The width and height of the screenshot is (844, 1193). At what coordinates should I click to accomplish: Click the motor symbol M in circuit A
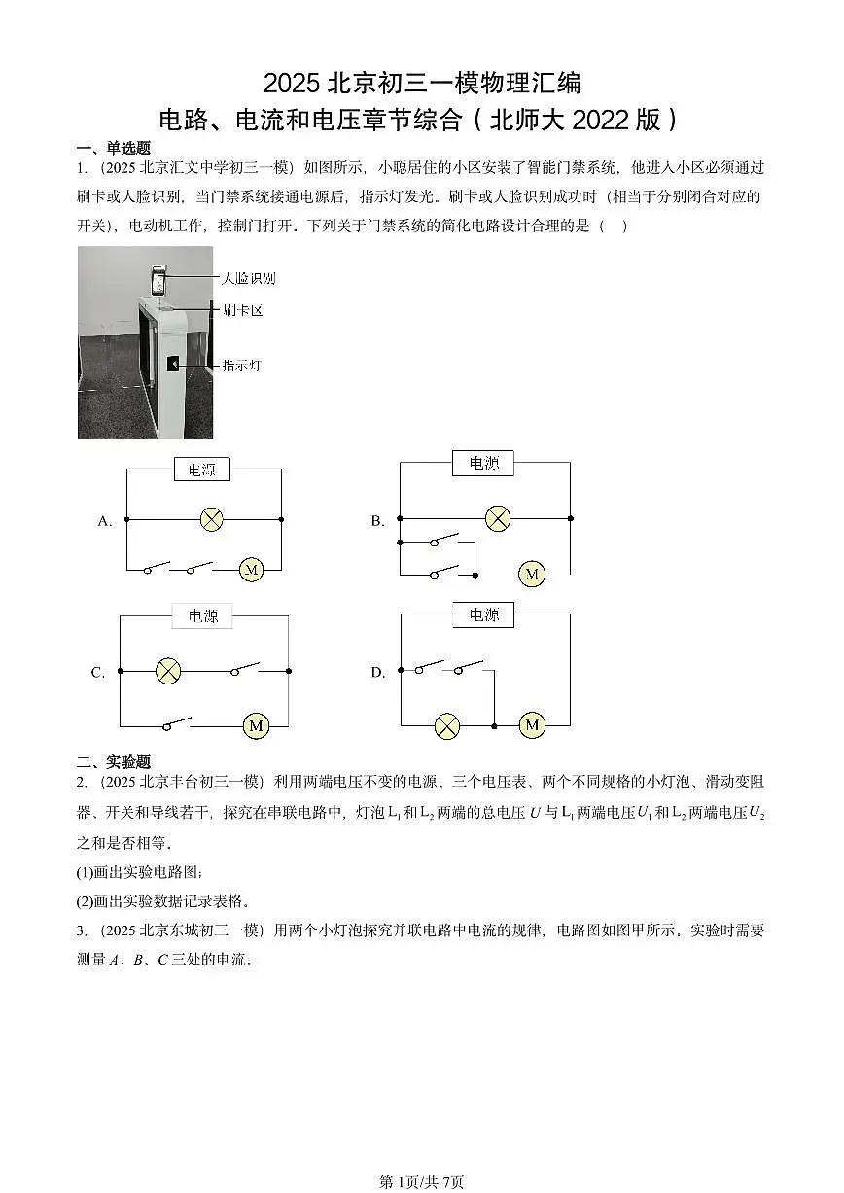tap(251, 570)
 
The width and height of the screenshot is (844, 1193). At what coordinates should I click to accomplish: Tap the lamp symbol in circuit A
tap(211, 519)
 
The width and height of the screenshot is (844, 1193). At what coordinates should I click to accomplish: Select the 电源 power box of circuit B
tap(483, 463)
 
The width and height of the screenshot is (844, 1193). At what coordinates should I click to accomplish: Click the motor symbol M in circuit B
tap(532, 574)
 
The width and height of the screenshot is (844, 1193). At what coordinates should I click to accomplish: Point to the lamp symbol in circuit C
tap(168, 671)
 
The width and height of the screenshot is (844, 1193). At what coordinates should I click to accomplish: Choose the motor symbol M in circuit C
tap(256, 725)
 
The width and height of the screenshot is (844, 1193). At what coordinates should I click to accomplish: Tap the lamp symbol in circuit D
tap(447, 726)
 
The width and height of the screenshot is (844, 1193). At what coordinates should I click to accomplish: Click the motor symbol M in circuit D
tap(532, 725)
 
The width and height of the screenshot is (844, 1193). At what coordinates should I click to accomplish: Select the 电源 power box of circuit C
tap(202, 616)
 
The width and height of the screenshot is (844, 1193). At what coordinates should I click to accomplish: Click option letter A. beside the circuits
tap(105, 521)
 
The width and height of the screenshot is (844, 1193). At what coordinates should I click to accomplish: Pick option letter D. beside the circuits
tap(378, 673)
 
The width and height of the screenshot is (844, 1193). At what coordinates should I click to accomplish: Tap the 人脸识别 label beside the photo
tap(249, 278)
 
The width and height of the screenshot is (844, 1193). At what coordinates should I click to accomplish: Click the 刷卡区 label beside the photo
tap(243, 310)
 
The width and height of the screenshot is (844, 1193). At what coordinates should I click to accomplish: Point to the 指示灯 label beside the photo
tap(242, 366)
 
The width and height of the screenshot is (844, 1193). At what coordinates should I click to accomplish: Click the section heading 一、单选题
tap(114, 148)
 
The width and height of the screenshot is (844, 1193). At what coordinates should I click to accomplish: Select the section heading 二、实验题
tap(114, 761)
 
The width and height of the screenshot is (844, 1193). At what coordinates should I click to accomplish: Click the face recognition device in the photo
tap(158, 281)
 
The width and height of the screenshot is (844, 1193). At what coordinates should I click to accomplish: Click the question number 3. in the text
tap(82, 930)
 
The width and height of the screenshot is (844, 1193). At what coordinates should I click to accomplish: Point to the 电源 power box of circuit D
tap(483, 615)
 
